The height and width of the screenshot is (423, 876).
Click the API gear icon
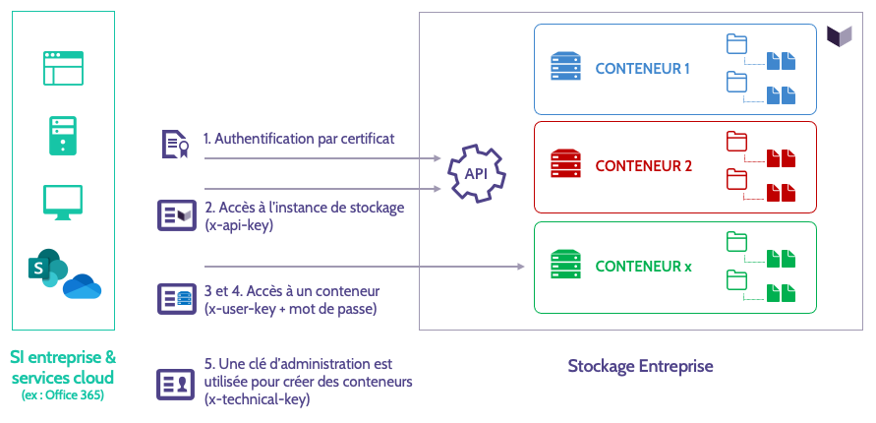tap(476, 173)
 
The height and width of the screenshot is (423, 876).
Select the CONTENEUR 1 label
tap(643, 69)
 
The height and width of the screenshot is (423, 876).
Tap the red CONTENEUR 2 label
tap(643, 166)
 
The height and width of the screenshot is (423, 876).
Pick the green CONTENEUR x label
tap(643, 266)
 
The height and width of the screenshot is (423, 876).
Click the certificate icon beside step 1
tap(175, 144)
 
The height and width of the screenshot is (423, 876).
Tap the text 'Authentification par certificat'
tap(299, 139)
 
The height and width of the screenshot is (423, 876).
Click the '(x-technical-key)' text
tap(257, 399)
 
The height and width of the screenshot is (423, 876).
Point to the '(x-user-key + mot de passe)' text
tap(290, 309)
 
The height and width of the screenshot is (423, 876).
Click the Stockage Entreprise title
tap(640, 366)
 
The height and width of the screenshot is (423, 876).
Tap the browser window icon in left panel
tap(63, 70)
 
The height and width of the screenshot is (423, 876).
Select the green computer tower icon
tap(63, 134)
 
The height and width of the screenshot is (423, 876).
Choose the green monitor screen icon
tap(63, 200)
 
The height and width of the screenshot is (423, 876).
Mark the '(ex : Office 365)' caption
tap(62, 395)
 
